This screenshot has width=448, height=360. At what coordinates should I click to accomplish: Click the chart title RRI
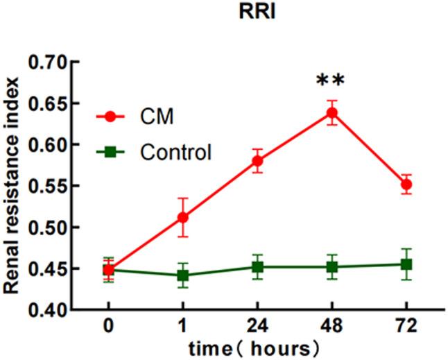(x=257, y=14)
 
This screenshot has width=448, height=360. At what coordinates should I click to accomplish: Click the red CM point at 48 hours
(x=332, y=112)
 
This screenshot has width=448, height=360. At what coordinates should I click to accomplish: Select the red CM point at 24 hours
(x=257, y=161)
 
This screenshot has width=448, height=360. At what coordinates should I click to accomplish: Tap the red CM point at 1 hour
(x=183, y=217)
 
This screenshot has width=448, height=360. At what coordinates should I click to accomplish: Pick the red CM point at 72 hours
(x=406, y=185)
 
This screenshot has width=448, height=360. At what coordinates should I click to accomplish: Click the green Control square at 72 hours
(x=406, y=264)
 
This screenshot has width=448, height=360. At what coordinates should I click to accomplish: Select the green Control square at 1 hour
(x=183, y=275)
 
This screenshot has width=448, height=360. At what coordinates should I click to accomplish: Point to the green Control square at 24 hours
(x=257, y=266)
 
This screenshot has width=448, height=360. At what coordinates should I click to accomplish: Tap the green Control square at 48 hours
(x=332, y=266)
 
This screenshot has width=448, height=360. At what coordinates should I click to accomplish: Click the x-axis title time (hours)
(x=257, y=346)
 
